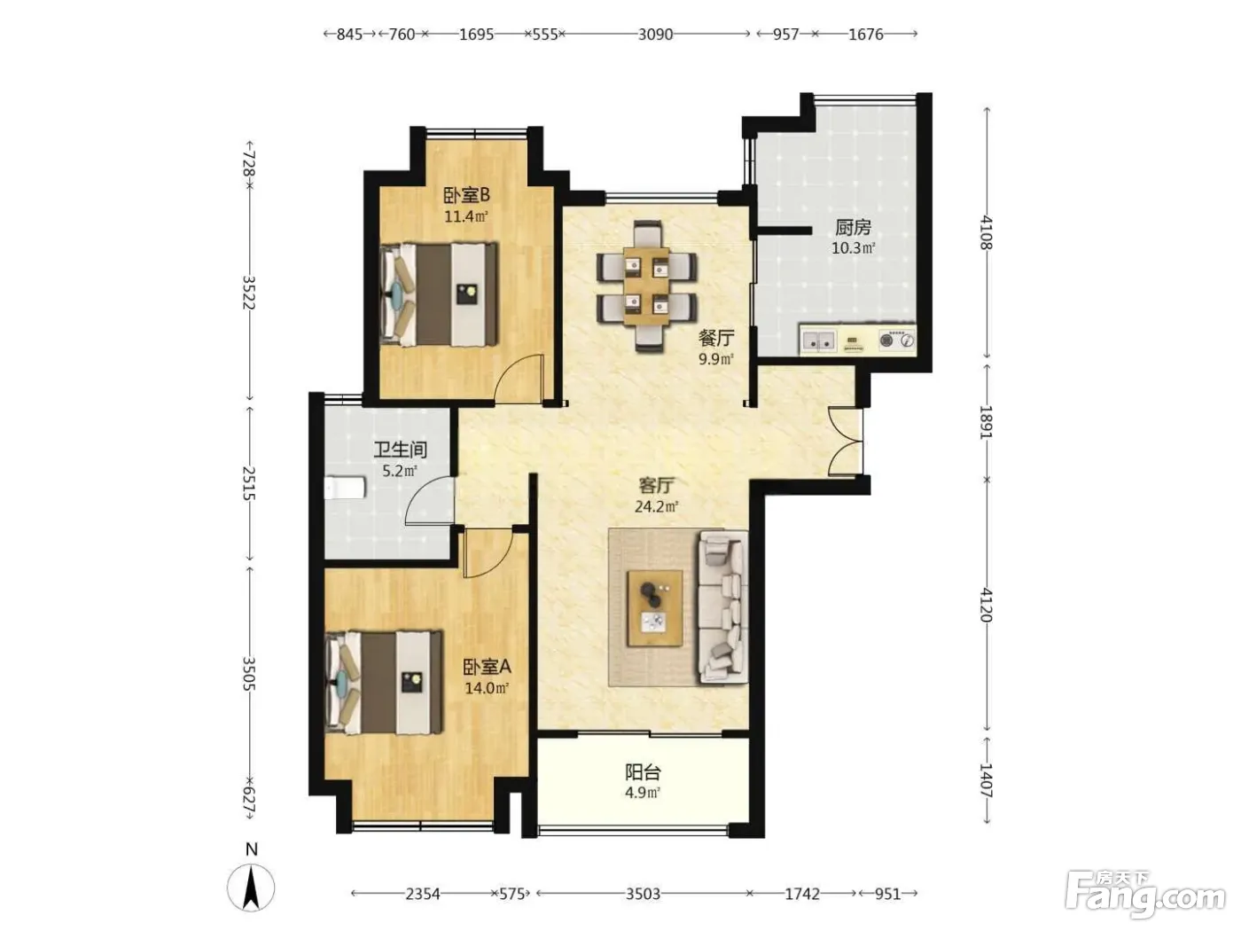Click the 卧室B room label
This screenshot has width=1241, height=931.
tap(466, 196)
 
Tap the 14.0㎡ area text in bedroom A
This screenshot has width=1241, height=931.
tap(487, 689)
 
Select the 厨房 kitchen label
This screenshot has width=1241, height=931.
tap(853, 227)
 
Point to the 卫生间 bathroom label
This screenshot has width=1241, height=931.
tap(401, 450)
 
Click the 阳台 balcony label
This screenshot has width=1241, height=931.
tap(643, 772)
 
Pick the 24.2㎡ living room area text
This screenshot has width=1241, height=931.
tap(656, 506)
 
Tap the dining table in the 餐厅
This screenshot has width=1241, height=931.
tap(647, 286)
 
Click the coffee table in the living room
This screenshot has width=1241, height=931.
tap(655, 607)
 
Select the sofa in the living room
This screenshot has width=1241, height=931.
tap(723, 607)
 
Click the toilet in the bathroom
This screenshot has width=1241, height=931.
tap(345, 489)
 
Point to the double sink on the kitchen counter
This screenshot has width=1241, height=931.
tap(819, 340)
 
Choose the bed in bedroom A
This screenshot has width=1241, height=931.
tap(384, 683)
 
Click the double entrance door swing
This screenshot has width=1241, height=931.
tap(846, 442)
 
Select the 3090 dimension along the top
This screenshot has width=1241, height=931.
tap(656, 35)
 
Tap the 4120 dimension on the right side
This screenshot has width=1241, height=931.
tap(987, 605)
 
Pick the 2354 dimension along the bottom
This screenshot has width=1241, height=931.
tap(423, 894)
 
